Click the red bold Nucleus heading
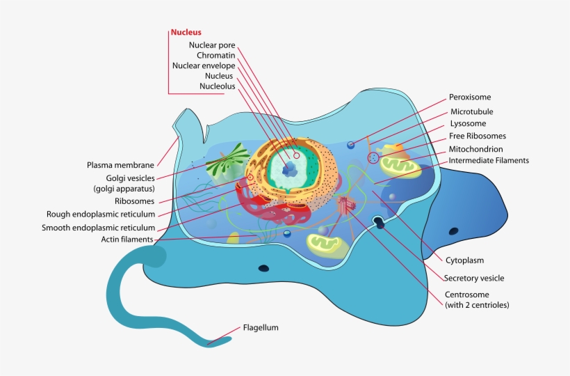tap(186, 32)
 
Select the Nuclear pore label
tap(212, 45)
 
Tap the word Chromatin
tap(215, 55)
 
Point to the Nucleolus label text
tap(217, 86)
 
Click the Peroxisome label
tap(474, 97)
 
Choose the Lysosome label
tap(468, 123)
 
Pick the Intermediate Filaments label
tap(489, 160)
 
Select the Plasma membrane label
tap(120, 165)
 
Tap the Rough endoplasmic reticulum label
tap(101, 214)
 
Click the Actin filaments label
tap(128, 240)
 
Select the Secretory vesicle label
tap(474, 279)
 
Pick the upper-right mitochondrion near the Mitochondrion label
tap(399, 164)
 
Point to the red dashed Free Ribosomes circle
tap(374, 158)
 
